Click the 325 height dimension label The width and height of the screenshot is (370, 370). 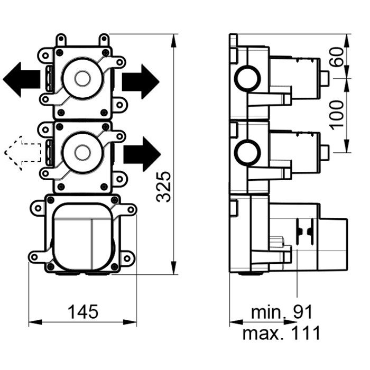[165, 187]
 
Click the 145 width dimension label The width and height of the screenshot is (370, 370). [82, 311]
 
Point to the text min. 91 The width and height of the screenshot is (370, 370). [282, 312]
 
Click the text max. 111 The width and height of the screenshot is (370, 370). [281, 333]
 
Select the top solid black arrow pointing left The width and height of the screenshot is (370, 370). [22, 79]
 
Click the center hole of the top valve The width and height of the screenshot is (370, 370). [81, 80]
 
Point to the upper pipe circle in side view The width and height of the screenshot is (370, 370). [247, 80]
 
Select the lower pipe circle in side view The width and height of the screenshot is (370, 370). [247, 153]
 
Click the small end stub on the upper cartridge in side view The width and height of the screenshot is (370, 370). [325, 79]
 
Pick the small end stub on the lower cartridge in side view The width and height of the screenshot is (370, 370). [325, 152]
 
